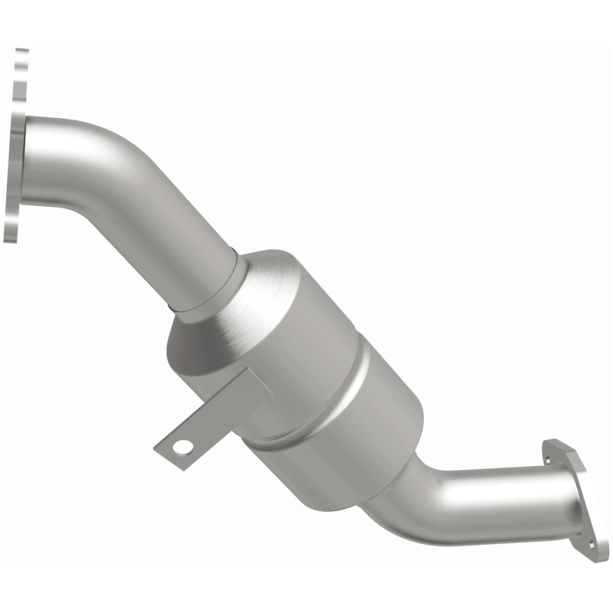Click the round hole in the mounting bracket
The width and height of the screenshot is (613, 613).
(182, 445)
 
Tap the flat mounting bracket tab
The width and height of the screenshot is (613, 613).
(201, 429)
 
